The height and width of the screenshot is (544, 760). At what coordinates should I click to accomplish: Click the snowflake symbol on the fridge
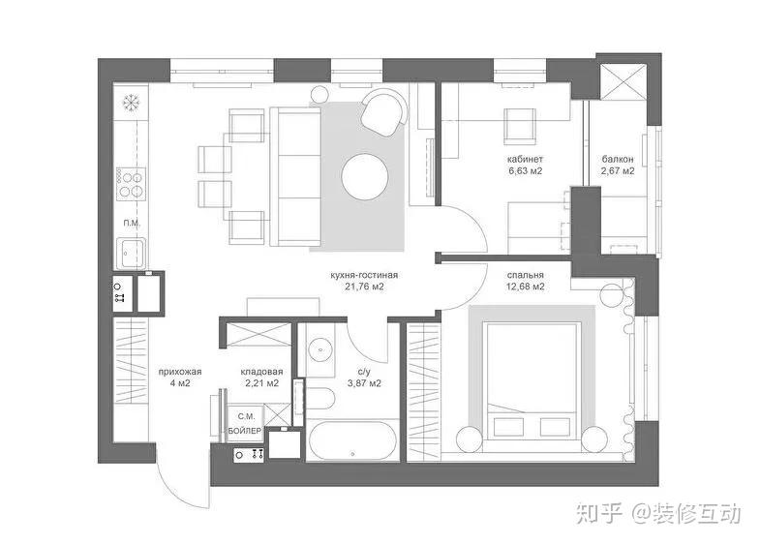tap(131, 103)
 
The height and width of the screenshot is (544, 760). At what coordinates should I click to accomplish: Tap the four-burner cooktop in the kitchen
tap(131, 184)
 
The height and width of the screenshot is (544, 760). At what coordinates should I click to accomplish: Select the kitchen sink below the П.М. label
tap(131, 253)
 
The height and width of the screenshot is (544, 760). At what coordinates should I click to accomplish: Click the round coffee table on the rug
tap(364, 176)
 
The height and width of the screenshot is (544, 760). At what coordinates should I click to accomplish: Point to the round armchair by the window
tap(384, 112)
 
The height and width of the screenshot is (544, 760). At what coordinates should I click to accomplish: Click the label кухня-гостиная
tap(364, 275)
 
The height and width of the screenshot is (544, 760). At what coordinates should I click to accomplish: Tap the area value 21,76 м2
tap(364, 287)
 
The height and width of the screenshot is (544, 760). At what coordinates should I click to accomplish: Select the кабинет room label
tap(526, 159)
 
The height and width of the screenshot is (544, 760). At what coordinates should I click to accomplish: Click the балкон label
tap(618, 159)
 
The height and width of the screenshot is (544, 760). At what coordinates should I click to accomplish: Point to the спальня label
tap(526, 275)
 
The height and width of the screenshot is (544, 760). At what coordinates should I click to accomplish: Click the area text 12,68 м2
tap(526, 287)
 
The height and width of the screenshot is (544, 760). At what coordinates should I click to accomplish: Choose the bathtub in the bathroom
tap(352, 440)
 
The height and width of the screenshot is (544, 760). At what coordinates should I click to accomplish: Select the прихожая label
tap(180, 372)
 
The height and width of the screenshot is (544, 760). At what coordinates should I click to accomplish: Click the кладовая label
tap(261, 372)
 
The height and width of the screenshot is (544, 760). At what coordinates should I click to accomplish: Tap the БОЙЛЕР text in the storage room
tap(245, 431)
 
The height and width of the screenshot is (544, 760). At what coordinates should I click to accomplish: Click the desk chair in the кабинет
tap(520, 126)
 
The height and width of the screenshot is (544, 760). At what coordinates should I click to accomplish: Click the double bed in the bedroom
tap(532, 380)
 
